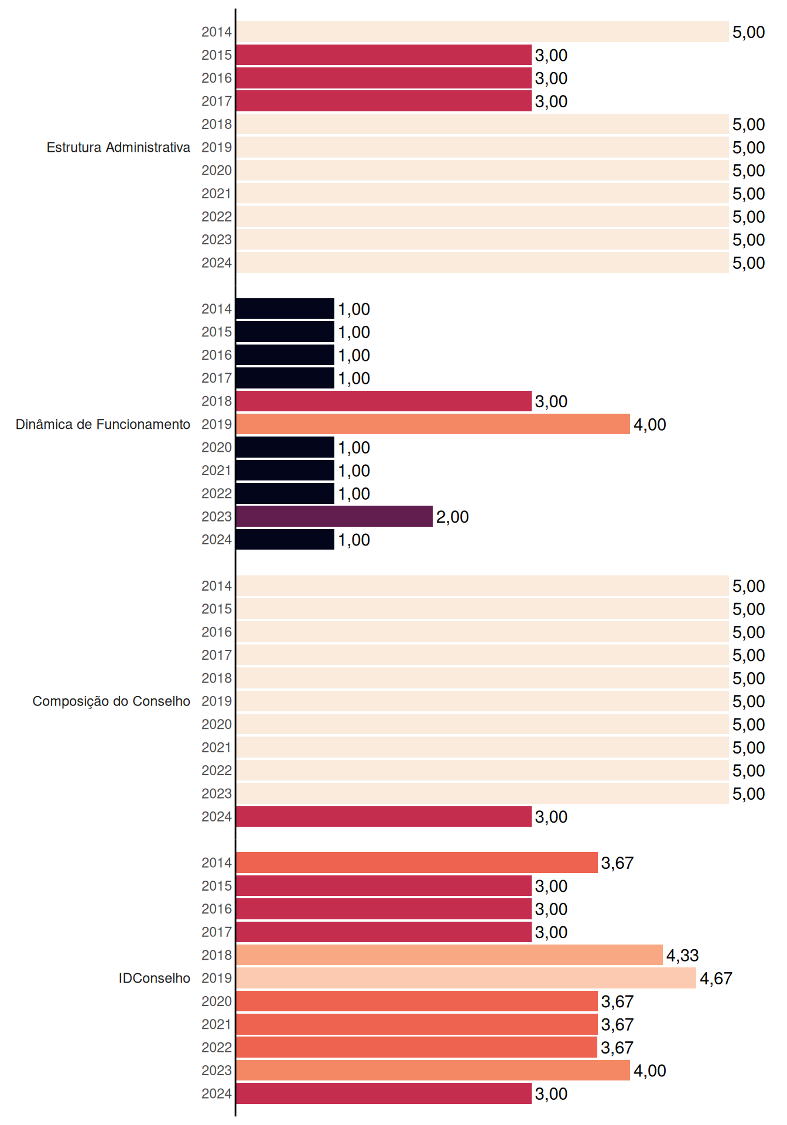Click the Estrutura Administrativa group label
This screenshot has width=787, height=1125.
tap(118, 147)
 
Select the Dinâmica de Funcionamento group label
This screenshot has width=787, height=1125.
tap(103, 424)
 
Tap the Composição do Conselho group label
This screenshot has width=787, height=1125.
tap(111, 701)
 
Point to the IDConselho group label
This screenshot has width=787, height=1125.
tap(155, 978)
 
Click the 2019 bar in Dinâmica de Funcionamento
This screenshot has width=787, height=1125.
tap(433, 424)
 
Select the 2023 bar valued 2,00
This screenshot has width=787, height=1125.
tap(334, 516)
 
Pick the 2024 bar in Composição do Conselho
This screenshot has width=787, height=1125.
tap(384, 817)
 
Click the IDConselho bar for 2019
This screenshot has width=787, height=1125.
tap(466, 978)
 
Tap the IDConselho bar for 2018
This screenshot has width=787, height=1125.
tap(449, 955)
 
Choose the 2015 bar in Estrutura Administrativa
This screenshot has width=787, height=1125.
tap(384, 55)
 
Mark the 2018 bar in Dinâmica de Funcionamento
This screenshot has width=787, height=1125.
tap(384, 401)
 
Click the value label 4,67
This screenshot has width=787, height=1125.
tap(716, 979)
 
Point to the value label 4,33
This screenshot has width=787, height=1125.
tap(682, 956)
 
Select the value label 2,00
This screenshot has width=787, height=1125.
tap(452, 517)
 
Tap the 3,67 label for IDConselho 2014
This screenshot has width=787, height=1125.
tap(617, 863)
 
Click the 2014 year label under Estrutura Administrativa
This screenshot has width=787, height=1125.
tap(217, 32)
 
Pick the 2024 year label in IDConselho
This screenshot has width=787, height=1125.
tap(217, 1094)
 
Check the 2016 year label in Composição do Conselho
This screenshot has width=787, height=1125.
tap(217, 632)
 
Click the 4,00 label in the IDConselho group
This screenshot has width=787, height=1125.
tap(649, 1071)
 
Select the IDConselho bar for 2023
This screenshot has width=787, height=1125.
tap(433, 1071)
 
